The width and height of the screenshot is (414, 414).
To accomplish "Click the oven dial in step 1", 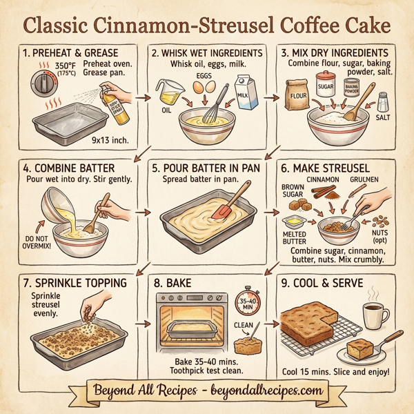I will pos(41,87).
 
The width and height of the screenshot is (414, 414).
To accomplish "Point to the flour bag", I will pos(298,97).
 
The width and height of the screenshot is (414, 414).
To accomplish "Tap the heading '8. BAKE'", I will pos(176,283).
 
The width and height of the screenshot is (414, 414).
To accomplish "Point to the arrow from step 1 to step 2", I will pos(144,97).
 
